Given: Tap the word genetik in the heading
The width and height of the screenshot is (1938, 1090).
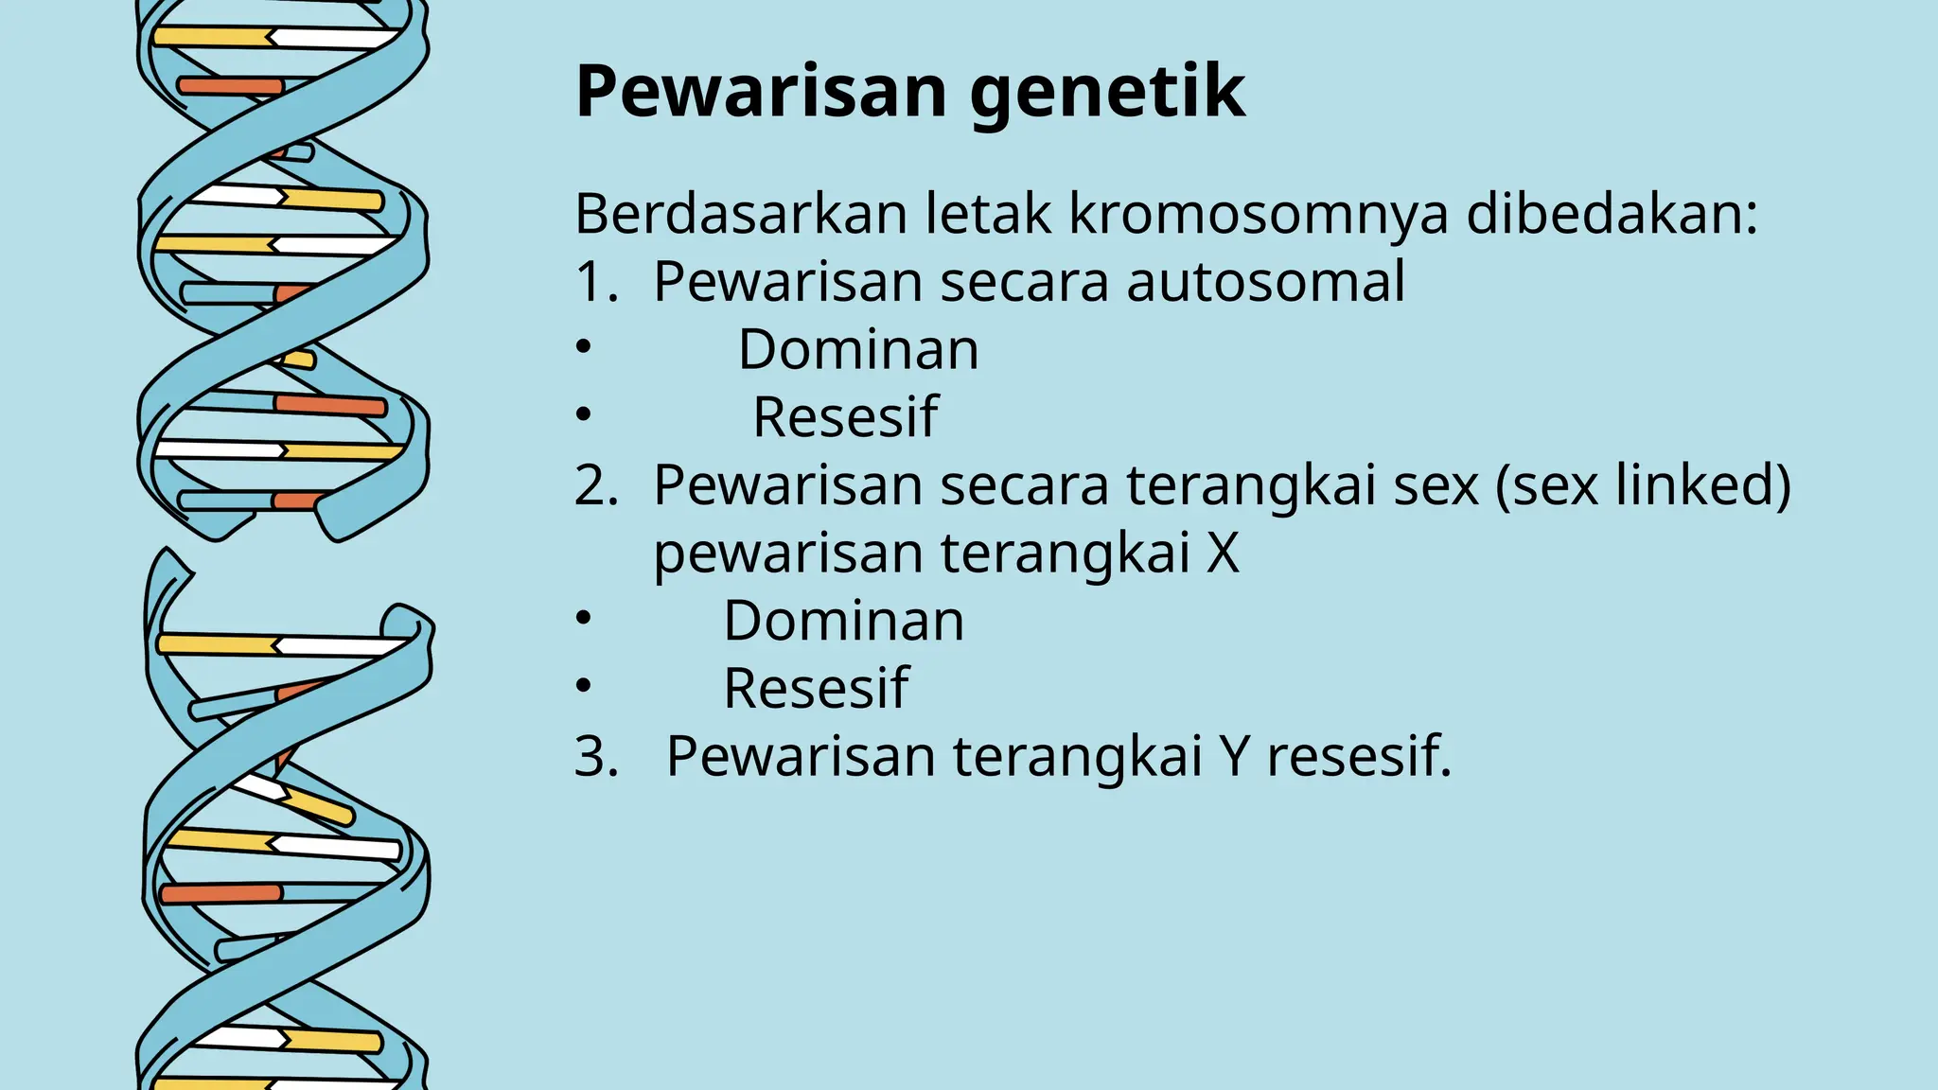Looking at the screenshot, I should coord(1107,94).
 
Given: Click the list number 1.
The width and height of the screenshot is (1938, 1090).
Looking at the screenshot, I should coord(593,282).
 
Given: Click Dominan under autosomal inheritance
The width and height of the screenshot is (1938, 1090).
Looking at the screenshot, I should coord(858,349).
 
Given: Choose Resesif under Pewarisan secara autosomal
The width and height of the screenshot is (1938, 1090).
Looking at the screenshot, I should coord(845,417).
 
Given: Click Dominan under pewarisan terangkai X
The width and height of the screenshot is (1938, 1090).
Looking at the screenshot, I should coord(843,621).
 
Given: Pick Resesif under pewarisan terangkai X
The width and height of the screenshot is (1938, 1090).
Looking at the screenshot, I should coord(816,688).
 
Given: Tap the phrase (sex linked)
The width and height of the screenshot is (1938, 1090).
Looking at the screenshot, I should coord(1643,485).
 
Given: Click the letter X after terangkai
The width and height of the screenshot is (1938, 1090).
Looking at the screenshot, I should coord(1223,554).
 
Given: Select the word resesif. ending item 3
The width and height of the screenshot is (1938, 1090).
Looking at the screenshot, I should coord(1359,757).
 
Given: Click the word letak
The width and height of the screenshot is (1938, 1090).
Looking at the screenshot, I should coord(987,214).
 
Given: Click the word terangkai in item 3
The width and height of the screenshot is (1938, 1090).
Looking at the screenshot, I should coord(1077,758).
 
